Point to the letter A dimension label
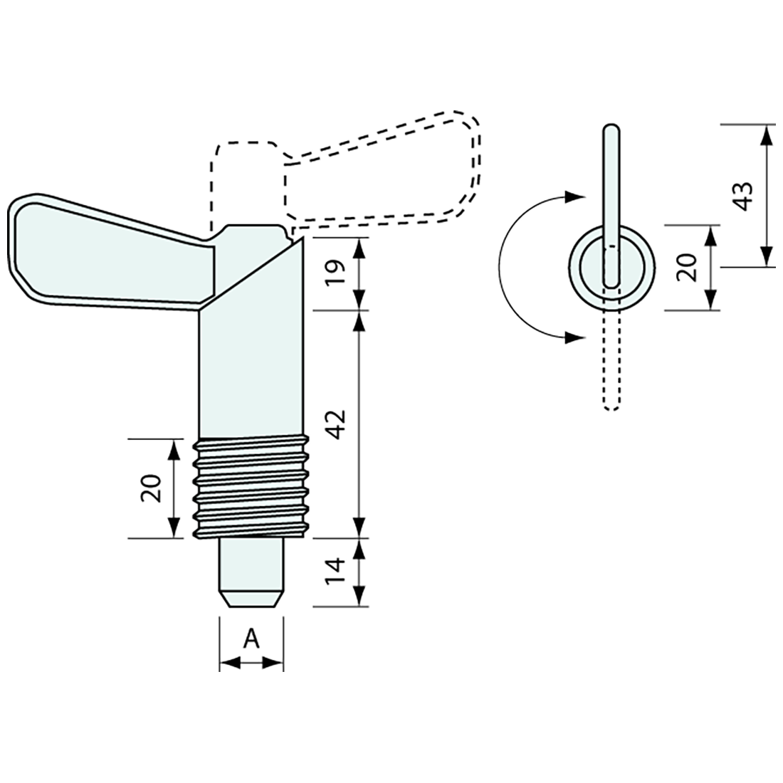coord(252,639)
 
